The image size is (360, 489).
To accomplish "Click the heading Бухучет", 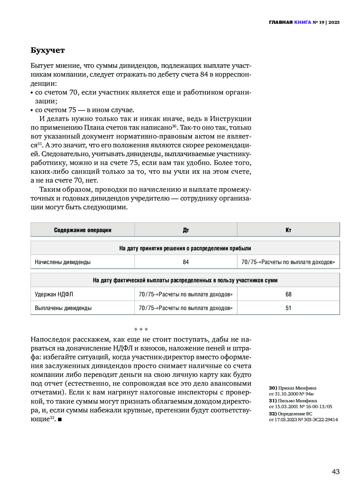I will tap(48, 51).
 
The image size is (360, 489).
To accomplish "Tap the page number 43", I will tap(336, 471).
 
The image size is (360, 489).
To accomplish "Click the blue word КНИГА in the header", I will tap(302, 22).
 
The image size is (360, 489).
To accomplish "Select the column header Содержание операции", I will tap(82, 230).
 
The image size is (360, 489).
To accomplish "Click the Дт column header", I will tap(186, 230).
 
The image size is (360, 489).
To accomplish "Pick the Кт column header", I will tap(288, 230).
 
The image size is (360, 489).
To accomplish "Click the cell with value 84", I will tap(186, 262).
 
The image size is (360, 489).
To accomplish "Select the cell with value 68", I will tap(288, 294).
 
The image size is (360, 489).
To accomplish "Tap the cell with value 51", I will tap(288, 308).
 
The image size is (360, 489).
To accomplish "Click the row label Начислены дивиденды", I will tap(63, 262).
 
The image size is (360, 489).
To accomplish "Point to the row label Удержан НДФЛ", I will tap(54, 294).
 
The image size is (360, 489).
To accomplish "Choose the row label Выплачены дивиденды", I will tap(63, 308).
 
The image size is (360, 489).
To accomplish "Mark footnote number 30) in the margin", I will tap(273, 388).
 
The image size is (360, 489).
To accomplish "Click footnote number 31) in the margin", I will tap(273, 401).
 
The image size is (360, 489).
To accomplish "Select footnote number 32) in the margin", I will tap(273, 414).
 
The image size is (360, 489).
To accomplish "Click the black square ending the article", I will tap(60, 419).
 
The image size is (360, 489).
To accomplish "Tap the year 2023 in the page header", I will tap(334, 22).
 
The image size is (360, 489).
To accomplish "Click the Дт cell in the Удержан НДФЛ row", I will tap(186, 294).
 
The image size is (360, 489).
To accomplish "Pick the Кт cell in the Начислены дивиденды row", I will tap(288, 262).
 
